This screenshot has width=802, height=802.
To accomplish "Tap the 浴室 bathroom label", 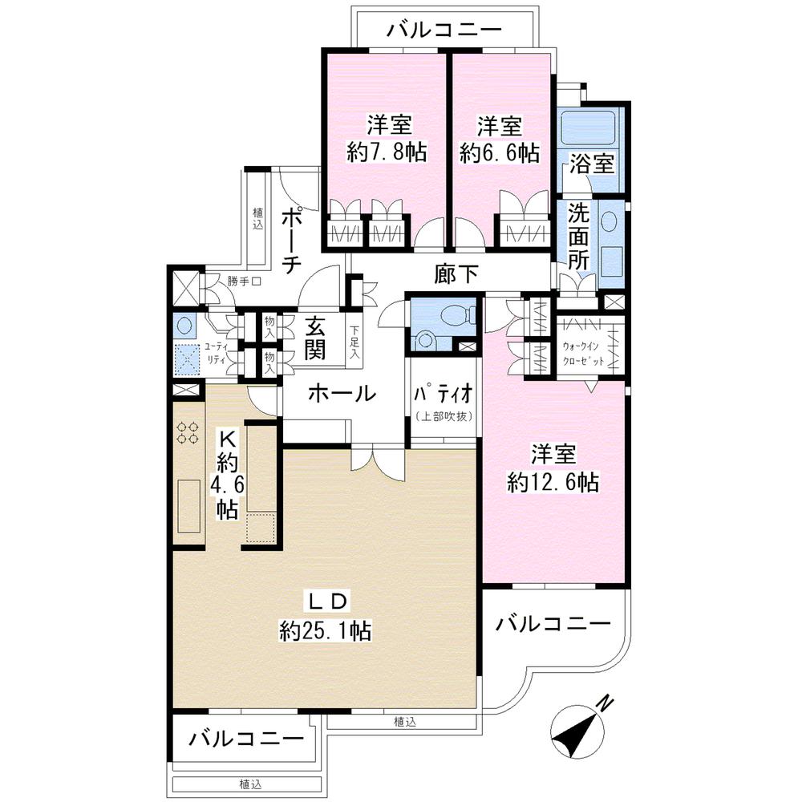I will click(x=592, y=164).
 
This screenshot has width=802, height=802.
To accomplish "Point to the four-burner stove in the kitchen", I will click(x=188, y=433).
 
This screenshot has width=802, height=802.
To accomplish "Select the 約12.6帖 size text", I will click(x=554, y=482).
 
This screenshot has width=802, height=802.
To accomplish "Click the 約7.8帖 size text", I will click(x=387, y=152).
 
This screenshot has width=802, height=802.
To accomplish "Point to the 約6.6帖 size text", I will click(x=499, y=152).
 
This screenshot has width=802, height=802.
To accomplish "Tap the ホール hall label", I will click(x=342, y=394).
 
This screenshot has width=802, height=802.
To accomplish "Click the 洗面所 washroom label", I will click(x=579, y=237).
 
